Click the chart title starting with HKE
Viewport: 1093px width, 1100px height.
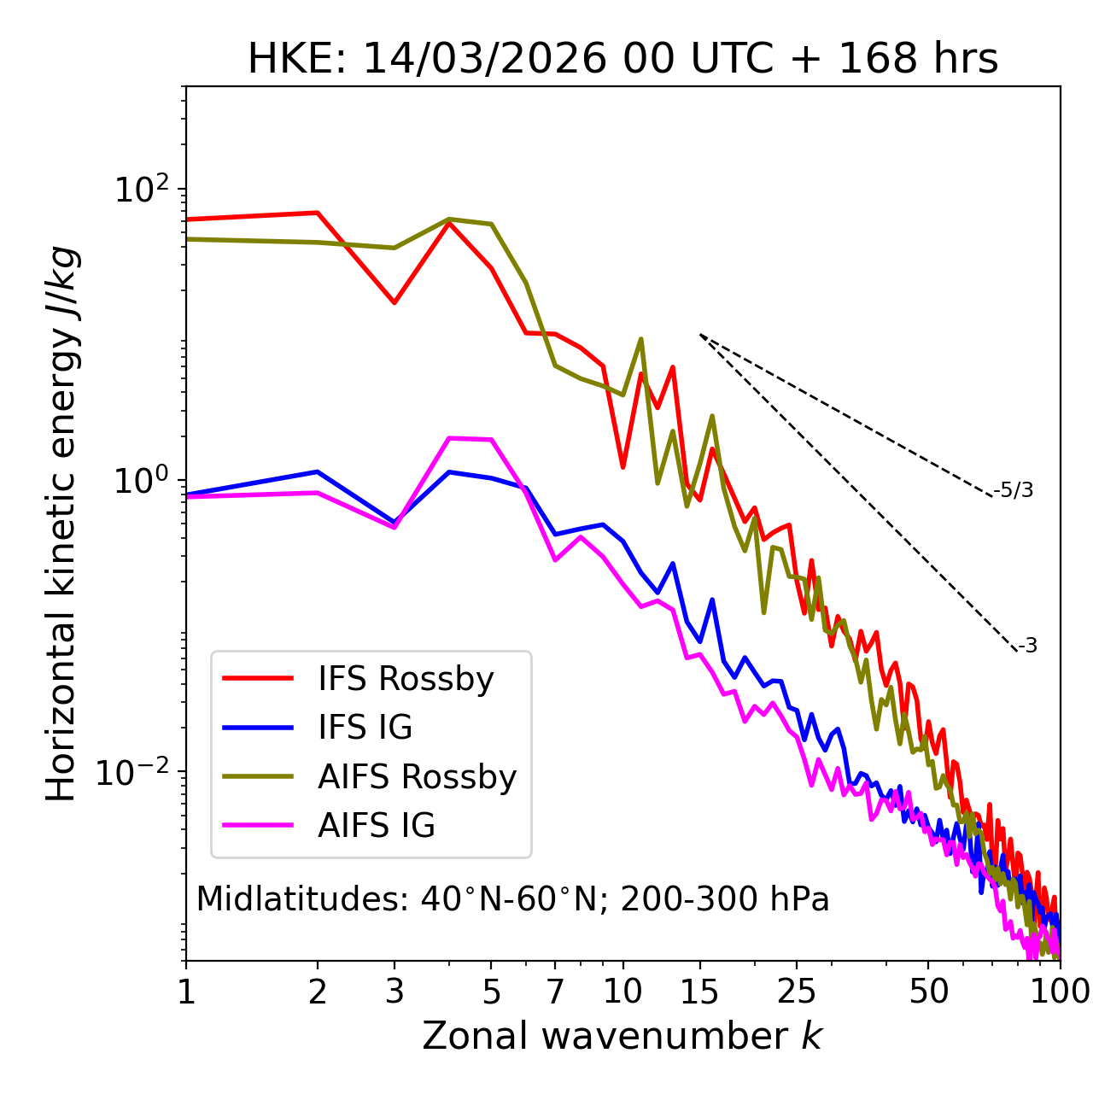622,60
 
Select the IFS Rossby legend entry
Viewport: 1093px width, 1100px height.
406,679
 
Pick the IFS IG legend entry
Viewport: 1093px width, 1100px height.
365,728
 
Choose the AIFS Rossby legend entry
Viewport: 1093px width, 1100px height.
417,777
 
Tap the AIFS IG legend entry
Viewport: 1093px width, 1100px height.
377,826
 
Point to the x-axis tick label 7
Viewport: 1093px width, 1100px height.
555,992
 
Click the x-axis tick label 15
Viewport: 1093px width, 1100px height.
700,992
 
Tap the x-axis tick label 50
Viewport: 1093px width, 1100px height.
928,992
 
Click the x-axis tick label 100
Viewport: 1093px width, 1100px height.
1060,992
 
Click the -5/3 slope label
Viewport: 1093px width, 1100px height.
1014,491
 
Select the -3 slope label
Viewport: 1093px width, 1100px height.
1027,647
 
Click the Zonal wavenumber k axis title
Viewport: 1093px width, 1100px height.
622,1036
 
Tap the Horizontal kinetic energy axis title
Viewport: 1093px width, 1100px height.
61,523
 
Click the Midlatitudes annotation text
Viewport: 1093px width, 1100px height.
512,899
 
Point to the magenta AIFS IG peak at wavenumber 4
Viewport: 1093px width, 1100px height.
449,438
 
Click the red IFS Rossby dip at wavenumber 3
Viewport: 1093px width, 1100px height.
394,302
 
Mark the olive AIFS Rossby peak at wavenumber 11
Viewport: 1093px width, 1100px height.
641,339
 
